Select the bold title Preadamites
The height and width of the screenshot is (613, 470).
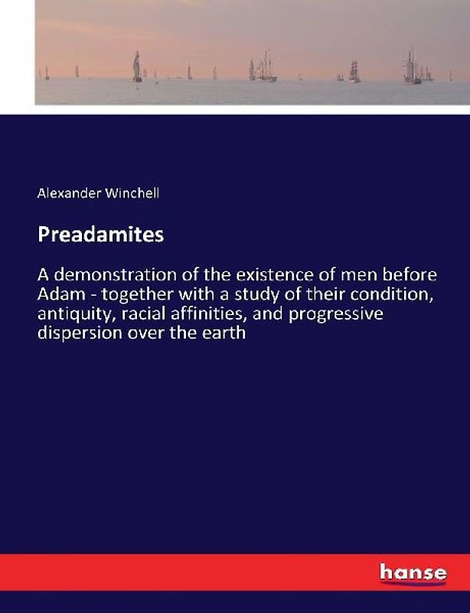pos(100,235)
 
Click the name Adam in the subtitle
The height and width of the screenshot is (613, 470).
pos(59,294)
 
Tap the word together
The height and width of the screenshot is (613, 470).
pos(130,294)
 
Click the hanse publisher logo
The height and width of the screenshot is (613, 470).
pos(413,572)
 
